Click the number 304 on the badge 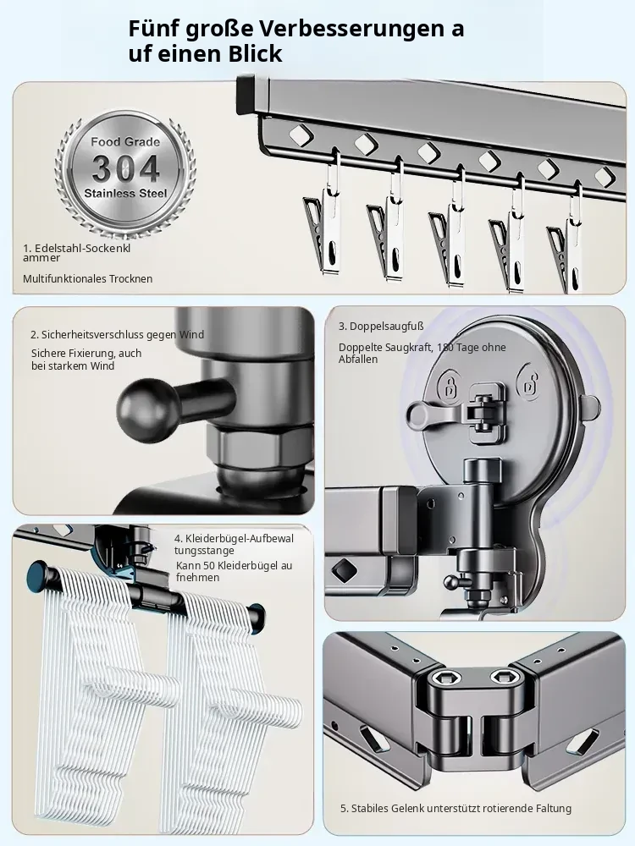125,168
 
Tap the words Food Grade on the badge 125,142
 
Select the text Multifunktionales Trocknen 87,279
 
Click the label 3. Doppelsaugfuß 381,327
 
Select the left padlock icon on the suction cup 449,385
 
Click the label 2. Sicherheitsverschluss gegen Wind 117,334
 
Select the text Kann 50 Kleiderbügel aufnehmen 234,571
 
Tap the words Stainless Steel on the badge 125,193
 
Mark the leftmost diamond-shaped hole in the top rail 301,135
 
